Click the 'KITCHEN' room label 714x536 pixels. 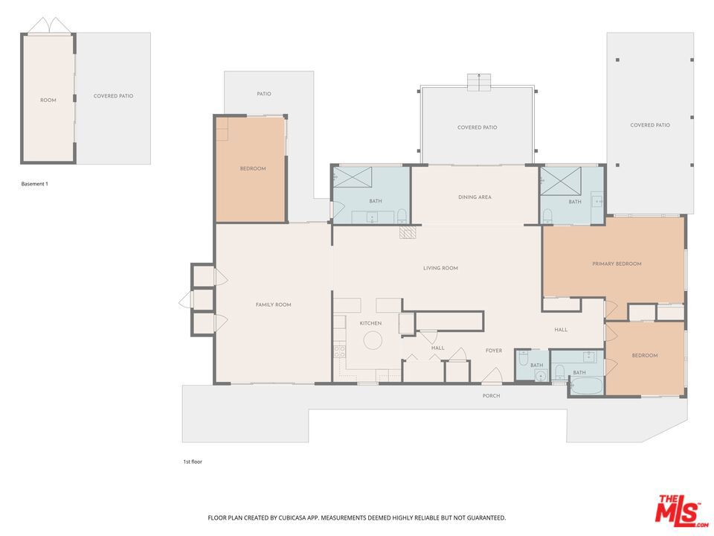370,323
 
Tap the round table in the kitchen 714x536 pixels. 372,340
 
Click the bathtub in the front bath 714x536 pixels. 586,386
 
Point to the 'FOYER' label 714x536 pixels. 494,351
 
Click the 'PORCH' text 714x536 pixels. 491,396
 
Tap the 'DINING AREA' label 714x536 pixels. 475,197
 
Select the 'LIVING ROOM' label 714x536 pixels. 440,268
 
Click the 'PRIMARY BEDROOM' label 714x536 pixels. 617,264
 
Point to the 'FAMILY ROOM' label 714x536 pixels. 273,304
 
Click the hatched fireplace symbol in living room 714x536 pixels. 408,233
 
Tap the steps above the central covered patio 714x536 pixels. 479,82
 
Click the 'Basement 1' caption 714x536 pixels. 34,183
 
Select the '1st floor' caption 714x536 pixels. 193,462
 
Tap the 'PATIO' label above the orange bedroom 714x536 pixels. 264,94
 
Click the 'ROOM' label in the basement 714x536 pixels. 48,100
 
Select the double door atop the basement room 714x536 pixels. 49,26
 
